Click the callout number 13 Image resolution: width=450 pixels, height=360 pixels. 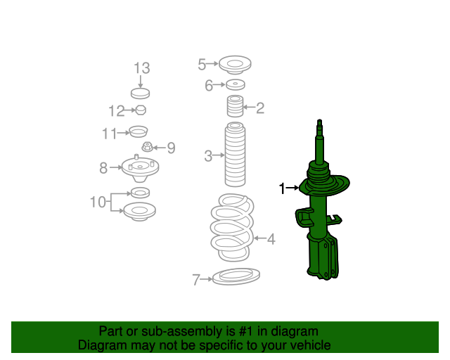pyautogui.click(x=142, y=68)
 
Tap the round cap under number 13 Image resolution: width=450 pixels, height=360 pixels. pyautogui.click(x=141, y=94)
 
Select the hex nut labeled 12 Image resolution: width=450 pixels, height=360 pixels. pyautogui.click(x=141, y=110)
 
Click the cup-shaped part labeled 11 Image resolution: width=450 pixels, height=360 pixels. pyautogui.click(x=139, y=131)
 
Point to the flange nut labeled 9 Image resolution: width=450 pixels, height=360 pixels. pyautogui.click(x=147, y=147)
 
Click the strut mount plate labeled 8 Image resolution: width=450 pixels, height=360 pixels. pyautogui.click(x=140, y=169)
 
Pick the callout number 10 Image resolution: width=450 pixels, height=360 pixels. pyautogui.click(x=98, y=202)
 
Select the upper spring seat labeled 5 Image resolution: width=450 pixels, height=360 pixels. pyautogui.click(x=235, y=65)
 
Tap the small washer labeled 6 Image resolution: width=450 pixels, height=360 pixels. pyautogui.click(x=236, y=84)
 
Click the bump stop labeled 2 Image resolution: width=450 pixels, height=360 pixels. pyautogui.click(x=235, y=106)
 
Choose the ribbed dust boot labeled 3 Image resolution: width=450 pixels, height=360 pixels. pyautogui.click(x=235, y=155)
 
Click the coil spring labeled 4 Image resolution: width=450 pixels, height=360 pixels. pyautogui.click(x=233, y=227)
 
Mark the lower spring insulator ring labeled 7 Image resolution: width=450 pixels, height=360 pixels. pyautogui.click(x=236, y=276)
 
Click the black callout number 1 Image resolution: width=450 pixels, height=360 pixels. pyautogui.click(x=283, y=188)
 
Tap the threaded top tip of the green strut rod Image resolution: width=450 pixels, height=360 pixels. pyautogui.click(x=319, y=122)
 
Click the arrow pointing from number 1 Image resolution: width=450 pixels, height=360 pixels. pyautogui.click(x=292, y=188)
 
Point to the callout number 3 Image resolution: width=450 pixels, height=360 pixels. pyautogui.click(x=208, y=156)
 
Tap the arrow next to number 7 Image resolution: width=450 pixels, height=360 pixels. pyautogui.click(x=206, y=278)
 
